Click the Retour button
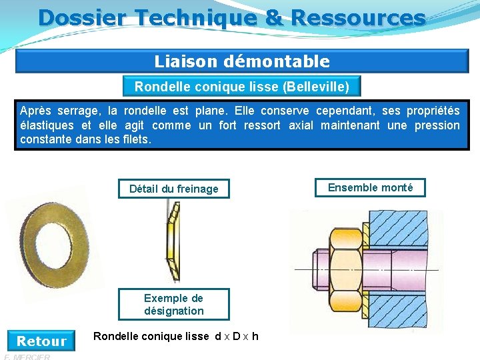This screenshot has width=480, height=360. (41, 341)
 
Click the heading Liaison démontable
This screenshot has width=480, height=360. (242, 62)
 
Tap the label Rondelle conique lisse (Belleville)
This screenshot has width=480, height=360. (241, 87)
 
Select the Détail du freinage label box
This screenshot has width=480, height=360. (173, 189)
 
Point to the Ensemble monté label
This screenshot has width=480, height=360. (370, 188)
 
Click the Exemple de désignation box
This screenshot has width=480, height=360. (173, 305)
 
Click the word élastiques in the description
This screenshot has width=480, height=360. (47, 125)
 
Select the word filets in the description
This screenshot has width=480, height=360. (137, 140)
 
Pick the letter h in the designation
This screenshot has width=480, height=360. (255, 336)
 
